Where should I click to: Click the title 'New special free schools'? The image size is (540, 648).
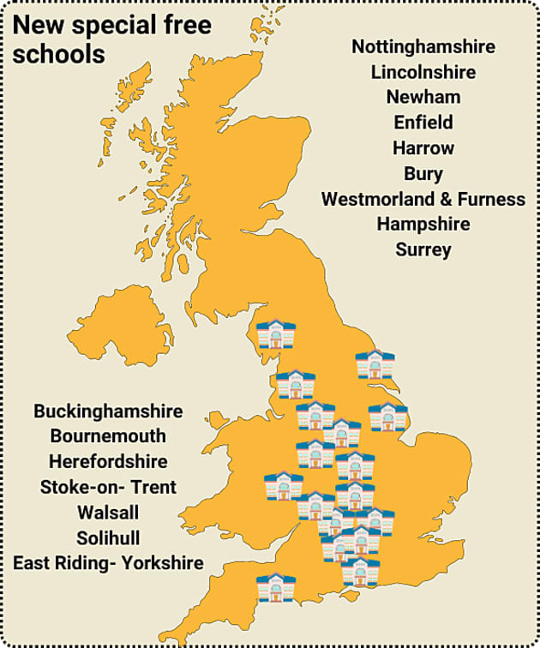click(111, 39)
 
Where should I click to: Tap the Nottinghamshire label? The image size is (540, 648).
click(423, 46)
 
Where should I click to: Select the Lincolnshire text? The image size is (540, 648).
click(423, 72)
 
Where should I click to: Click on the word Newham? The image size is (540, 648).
click(423, 97)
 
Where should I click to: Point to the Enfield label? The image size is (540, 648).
click(423, 123)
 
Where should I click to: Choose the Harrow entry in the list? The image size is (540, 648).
click(423, 147)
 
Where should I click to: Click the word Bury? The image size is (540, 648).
click(423, 173)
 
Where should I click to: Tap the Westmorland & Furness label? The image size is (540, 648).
click(423, 199)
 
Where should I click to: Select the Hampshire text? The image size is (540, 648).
click(423, 224)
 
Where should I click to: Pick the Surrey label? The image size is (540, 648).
click(423, 249)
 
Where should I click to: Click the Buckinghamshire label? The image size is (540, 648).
click(108, 411)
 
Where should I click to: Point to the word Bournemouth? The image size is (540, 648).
click(108, 435)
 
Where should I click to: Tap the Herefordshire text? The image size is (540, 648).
click(108, 461)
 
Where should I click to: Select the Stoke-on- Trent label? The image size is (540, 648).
click(108, 487)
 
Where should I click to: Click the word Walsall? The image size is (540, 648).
click(108, 512)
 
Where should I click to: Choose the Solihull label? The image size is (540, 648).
click(108, 537)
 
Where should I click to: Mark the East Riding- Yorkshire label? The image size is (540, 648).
click(108, 563)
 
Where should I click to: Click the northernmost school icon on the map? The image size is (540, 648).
click(276, 333)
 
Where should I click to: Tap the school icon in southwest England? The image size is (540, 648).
click(276, 588)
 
